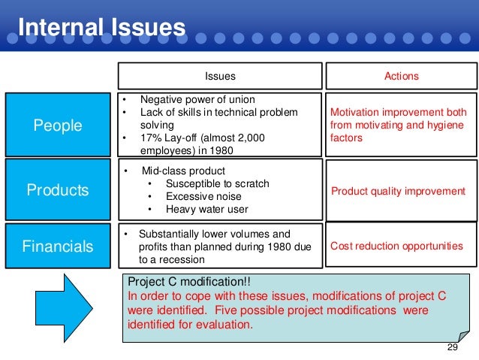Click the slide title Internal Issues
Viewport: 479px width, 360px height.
101,28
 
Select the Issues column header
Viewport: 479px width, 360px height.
220,76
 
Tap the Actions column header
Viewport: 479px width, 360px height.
401,76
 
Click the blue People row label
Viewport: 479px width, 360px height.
57,125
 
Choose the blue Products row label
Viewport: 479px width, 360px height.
57,189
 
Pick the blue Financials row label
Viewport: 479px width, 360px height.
57,246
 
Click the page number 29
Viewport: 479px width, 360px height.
452,347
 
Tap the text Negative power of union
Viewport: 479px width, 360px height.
197,100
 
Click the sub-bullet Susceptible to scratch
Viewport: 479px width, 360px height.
216,183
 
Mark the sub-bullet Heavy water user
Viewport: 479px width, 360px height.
206,209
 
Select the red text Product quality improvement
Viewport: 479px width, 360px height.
398,191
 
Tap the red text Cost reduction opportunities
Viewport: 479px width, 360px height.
396,246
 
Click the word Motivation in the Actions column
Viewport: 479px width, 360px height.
355,113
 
